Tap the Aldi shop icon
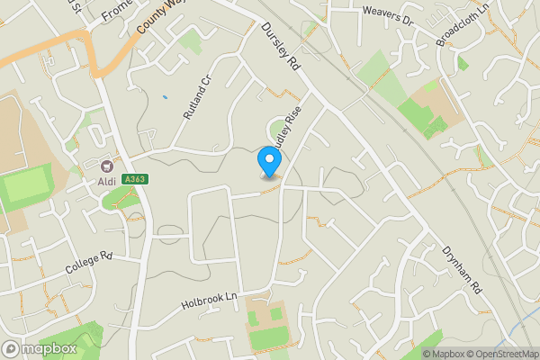tap(107, 166)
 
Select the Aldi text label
tap(108, 181)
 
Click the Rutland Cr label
tap(196, 97)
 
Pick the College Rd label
tap(88, 263)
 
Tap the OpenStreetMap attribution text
tap(502, 353)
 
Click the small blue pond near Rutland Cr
tap(165, 96)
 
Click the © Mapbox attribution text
tap(443, 353)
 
